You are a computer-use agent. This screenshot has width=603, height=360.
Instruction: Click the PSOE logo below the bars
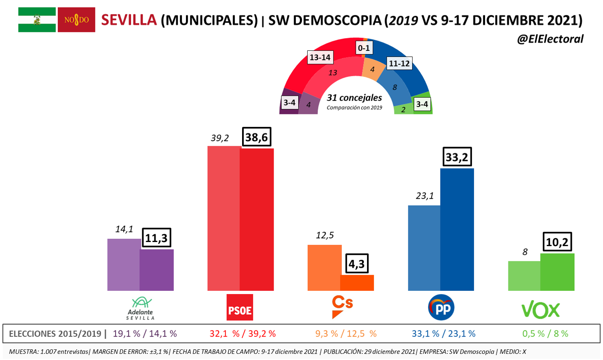240,308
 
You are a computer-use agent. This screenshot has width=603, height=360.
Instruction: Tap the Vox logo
540,310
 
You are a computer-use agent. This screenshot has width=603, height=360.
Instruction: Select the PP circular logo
441,308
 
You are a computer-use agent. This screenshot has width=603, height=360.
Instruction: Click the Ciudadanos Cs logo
342,307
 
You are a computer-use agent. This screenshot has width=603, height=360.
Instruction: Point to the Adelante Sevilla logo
141,308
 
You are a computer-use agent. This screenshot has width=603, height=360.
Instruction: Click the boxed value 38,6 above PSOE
256,137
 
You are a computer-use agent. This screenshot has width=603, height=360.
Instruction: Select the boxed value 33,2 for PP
457,157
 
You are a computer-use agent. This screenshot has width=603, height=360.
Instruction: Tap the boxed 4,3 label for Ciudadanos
356,263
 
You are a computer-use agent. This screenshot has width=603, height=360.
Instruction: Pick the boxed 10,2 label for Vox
557,242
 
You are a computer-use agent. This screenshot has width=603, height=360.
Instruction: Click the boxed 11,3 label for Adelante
156,238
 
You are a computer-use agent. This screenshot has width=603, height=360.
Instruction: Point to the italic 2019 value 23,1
424,196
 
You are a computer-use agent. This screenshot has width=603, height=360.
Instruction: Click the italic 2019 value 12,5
324,235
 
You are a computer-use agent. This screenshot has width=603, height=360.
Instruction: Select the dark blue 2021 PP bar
457,229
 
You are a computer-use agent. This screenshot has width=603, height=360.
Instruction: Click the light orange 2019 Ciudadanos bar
324,267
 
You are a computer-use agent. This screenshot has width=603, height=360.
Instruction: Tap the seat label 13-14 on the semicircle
320,57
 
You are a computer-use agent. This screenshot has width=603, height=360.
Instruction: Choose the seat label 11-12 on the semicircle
399,63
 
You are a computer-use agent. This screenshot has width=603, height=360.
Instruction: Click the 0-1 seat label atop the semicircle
364,48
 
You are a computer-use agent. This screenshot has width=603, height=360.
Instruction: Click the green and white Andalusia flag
37,20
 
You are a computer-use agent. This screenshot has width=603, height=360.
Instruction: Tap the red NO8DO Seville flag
77,20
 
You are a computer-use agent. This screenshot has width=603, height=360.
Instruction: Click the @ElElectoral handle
550,39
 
